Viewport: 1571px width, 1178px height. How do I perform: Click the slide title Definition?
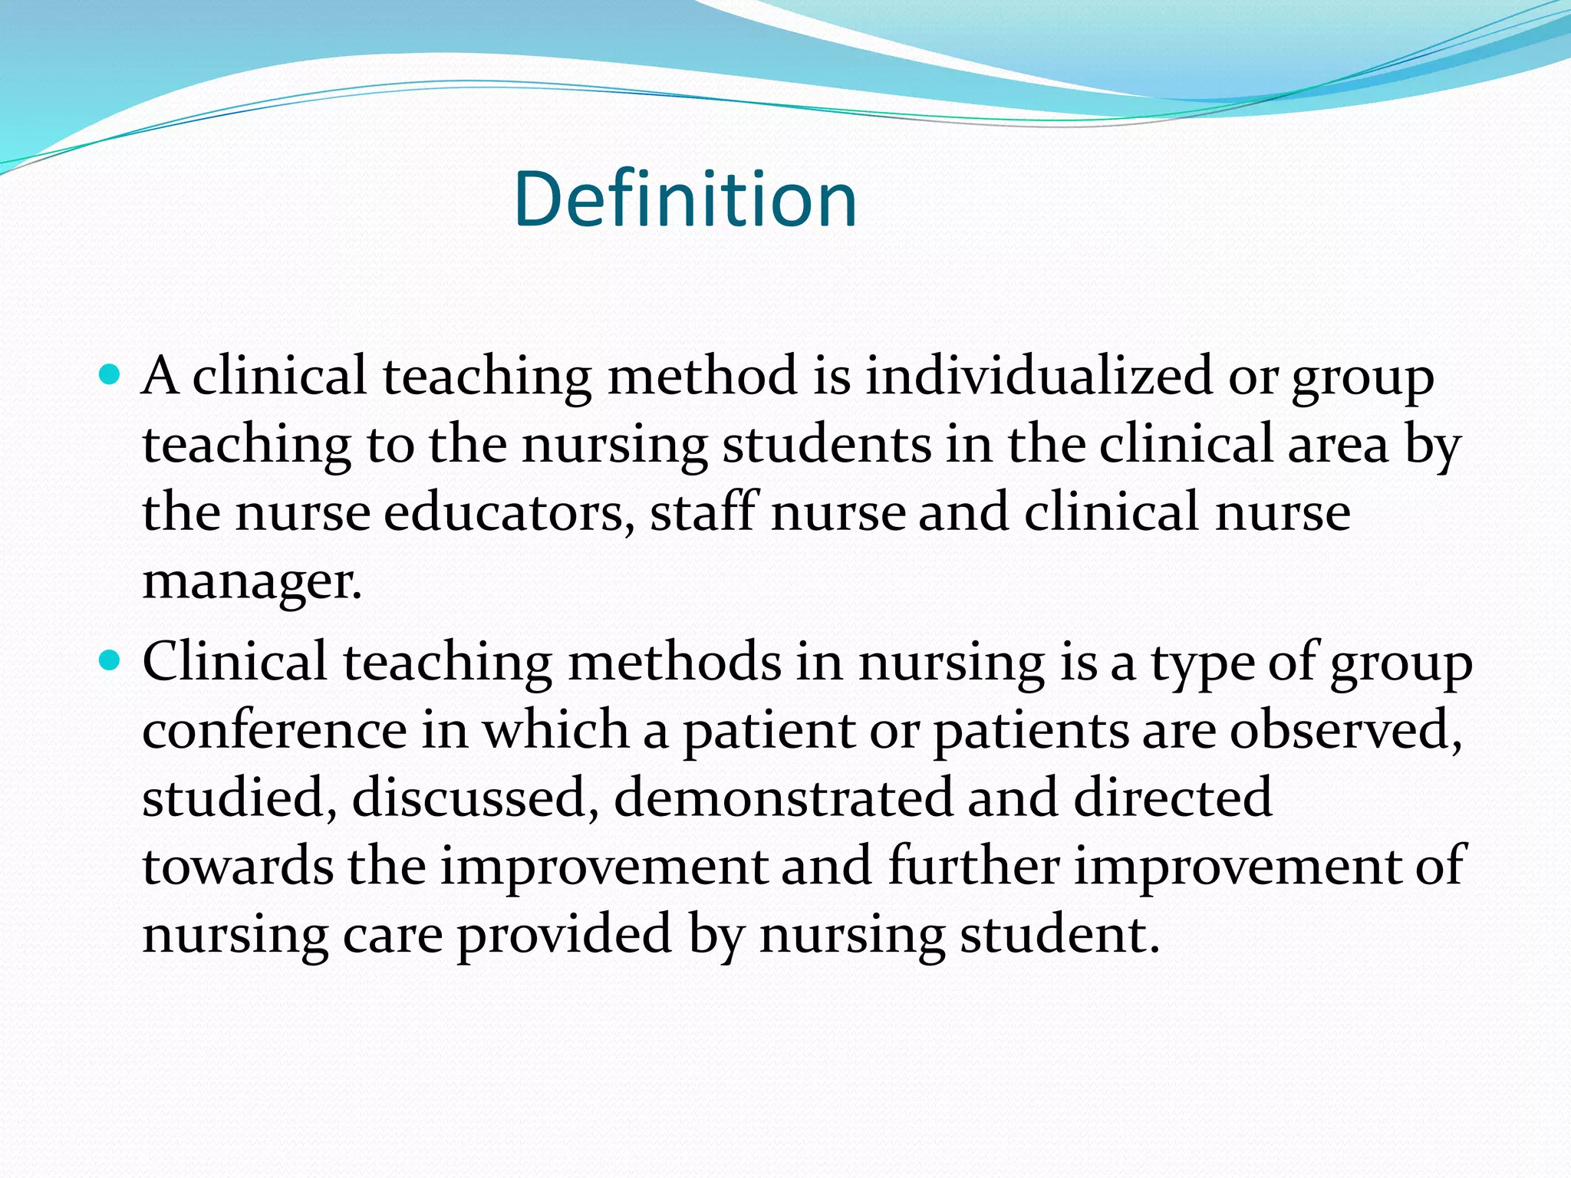point(685,199)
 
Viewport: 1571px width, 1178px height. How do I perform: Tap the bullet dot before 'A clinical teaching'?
point(111,375)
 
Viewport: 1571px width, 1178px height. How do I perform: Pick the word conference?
point(274,729)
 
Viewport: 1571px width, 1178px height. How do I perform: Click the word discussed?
point(475,798)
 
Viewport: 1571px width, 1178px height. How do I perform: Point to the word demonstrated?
point(782,798)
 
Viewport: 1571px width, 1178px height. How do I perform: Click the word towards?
point(238,867)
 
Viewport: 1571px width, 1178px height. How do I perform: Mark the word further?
point(973,867)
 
